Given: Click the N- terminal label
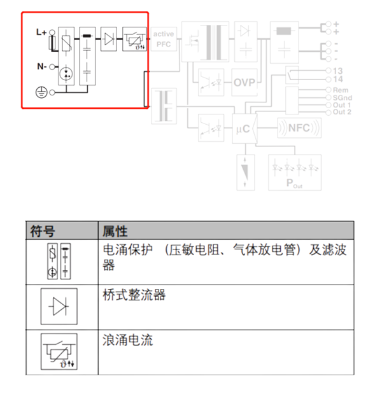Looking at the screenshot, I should pyautogui.click(x=41, y=66).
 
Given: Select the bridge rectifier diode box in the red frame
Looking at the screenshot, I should pyautogui.click(x=110, y=39).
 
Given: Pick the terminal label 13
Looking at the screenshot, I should pyautogui.click(x=338, y=70).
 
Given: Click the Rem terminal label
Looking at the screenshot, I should pyautogui.click(x=340, y=90).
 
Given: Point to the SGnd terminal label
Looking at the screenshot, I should pyautogui.click(x=343, y=97).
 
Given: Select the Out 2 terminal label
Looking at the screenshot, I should pyautogui.click(x=343, y=112).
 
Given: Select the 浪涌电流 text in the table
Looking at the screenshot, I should pyautogui.click(x=127, y=340).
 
